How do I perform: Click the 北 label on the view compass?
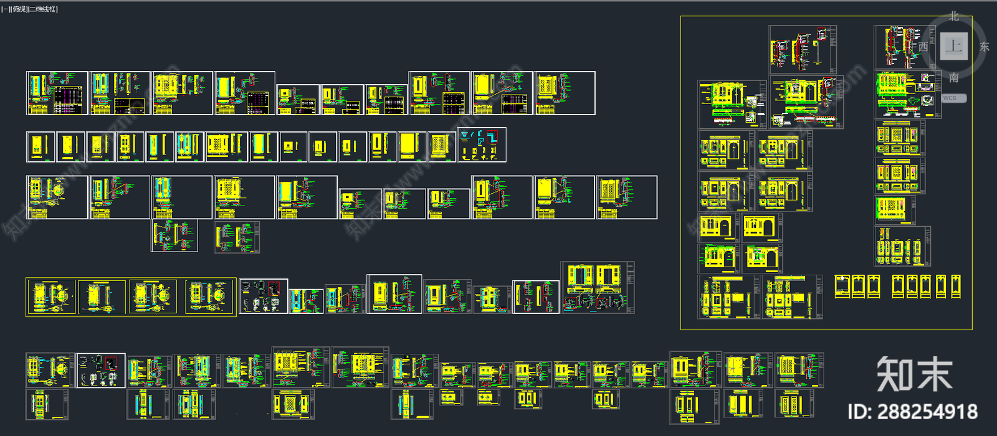tap(954, 17)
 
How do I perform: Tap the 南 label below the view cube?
tap(954, 78)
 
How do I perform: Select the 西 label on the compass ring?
tap(923, 47)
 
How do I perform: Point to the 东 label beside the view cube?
tap(985, 47)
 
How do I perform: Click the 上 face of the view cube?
tap(953, 46)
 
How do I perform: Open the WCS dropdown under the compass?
tap(953, 98)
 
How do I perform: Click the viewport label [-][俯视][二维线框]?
tap(30, 9)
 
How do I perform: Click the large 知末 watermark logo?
tap(914, 374)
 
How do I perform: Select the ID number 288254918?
tap(912, 412)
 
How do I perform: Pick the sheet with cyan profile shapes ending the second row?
tap(482, 145)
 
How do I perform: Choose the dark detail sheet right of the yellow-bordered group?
tap(264, 296)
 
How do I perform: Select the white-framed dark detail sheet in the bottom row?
tap(101, 371)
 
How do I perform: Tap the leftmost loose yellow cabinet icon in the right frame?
tap(842, 287)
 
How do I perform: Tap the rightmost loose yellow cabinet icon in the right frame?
tap(955, 287)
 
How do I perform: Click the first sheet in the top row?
tap(57, 93)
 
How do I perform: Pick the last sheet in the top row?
tap(565, 93)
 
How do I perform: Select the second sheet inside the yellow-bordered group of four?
tap(102, 296)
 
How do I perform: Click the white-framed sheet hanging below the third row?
tap(174, 235)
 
